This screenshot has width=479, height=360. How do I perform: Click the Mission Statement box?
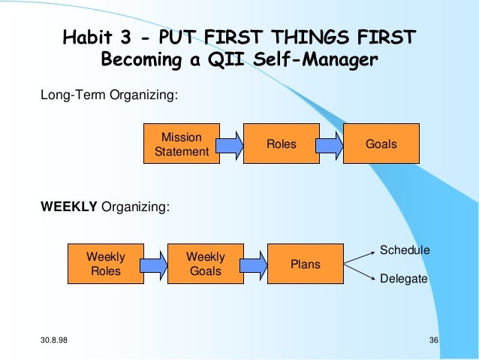pyautogui.click(x=182, y=144)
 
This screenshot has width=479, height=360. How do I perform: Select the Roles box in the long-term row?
pyautogui.click(x=281, y=144)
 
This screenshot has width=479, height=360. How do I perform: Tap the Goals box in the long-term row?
pyautogui.click(x=381, y=144)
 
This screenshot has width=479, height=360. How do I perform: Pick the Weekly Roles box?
pyautogui.click(x=106, y=264)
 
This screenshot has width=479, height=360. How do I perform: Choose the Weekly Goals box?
pyautogui.click(x=205, y=264)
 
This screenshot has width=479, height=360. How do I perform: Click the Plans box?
pyautogui.click(x=305, y=264)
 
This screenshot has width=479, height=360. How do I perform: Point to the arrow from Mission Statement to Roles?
pyautogui.click(x=232, y=144)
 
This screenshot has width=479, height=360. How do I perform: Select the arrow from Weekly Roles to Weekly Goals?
pyautogui.click(x=155, y=264)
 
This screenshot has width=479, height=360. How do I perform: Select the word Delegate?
pyautogui.click(x=404, y=279)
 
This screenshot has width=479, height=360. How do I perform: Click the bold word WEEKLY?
pyautogui.click(x=68, y=207)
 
